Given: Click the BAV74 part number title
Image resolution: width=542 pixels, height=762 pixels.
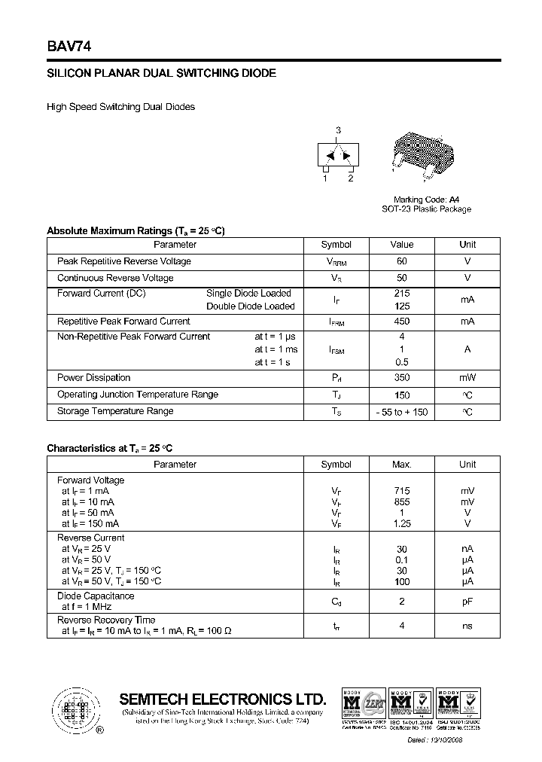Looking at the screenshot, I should click(69, 46).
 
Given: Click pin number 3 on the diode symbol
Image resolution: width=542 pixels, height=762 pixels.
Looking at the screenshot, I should click(339, 130).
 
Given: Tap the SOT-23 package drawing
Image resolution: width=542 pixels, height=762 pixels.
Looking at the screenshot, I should click(423, 156).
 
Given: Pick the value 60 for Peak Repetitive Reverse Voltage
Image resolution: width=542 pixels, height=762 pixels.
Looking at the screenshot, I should click(402, 261).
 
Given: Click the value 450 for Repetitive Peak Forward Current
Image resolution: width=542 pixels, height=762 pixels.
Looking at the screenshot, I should click(402, 322).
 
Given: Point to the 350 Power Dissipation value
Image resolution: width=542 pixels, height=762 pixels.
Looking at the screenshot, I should click(402, 378).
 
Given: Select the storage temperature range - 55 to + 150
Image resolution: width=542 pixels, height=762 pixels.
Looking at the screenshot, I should click(402, 412).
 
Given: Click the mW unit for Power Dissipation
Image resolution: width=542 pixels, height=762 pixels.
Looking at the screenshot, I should click(467, 378).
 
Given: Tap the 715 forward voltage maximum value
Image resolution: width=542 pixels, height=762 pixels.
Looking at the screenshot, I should click(402, 491).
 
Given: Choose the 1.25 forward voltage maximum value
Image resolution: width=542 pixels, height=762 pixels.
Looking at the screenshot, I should click(402, 523).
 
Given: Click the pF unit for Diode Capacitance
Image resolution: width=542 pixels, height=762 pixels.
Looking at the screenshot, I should click(467, 602).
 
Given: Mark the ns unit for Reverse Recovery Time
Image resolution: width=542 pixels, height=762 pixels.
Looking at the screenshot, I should click(467, 625).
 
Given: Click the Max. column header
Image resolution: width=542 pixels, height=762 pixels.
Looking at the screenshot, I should click(402, 465).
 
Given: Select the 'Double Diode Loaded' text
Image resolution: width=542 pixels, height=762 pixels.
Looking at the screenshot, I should click(251, 306).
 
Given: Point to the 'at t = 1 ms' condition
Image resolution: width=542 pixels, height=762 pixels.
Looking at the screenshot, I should click(276, 349).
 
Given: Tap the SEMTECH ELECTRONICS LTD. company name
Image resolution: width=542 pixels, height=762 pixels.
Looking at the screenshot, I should click(223, 699).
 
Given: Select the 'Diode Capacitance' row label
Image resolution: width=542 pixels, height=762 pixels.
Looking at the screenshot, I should click(96, 596).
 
